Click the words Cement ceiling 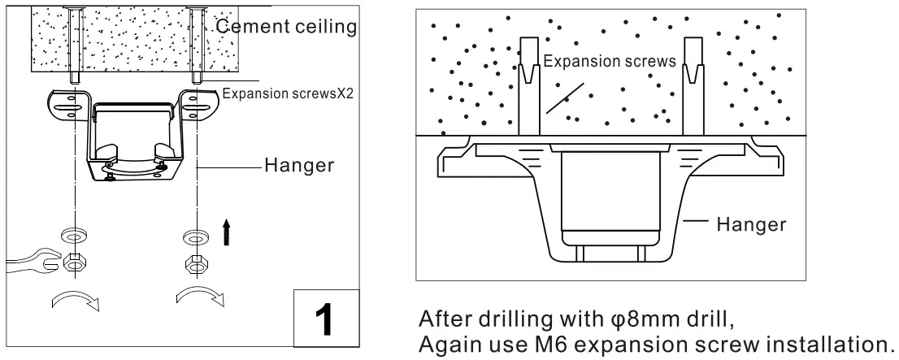click(287, 27)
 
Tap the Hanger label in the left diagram click(299, 165)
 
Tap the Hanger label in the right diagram click(751, 224)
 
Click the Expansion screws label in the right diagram click(609, 62)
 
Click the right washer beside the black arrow click(195, 238)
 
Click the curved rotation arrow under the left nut click(75, 301)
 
